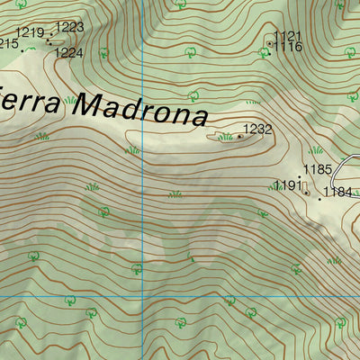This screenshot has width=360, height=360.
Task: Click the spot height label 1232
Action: coord(258,130)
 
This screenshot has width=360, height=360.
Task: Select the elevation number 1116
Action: coord(289,47)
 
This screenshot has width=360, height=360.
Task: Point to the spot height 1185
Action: coord(318,169)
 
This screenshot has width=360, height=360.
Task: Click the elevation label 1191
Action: coord(287,185)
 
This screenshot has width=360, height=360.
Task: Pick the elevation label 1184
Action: coord(338,192)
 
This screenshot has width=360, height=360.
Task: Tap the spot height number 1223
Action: coord(69,27)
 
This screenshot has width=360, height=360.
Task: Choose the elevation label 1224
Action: coord(68,53)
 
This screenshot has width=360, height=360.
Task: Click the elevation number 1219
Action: coord(30,33)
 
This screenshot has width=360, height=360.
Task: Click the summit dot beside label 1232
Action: coord(239,137)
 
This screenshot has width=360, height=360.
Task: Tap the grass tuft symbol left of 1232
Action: coord(225,137)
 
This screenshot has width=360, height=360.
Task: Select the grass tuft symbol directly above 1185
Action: coord(316,150)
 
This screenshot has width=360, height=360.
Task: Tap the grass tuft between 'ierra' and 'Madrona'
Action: coord(69,100)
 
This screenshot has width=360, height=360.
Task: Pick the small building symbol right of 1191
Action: coord(306,191)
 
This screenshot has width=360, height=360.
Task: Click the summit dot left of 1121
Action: coord(269,42)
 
